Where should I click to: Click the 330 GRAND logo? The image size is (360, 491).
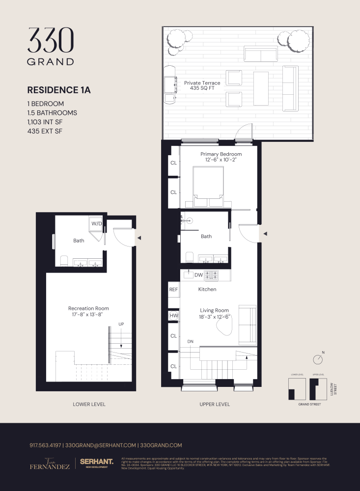51,47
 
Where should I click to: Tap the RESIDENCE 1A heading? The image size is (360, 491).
59,90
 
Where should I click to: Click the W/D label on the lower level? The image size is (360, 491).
96,224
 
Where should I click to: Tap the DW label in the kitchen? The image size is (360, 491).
198,275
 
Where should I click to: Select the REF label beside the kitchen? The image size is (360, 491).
173,290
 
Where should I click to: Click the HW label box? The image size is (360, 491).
173,316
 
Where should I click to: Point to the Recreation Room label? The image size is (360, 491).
88,308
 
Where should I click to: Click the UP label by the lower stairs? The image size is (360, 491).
121,324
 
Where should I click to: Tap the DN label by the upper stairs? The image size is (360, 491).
191,341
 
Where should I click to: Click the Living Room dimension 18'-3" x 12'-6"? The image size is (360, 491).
214,317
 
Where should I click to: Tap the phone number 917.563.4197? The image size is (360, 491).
45,445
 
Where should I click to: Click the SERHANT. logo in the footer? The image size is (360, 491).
96,463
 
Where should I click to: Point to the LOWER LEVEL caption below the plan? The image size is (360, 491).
89,405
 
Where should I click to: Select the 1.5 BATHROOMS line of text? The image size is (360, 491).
52,113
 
